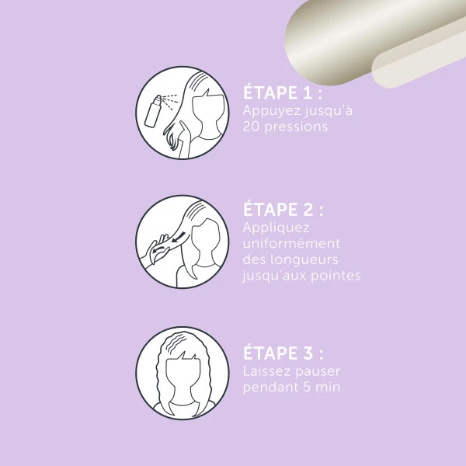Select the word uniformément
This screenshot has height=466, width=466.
click(x=291, y=243)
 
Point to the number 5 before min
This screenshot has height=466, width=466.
click(x=307, y=388)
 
